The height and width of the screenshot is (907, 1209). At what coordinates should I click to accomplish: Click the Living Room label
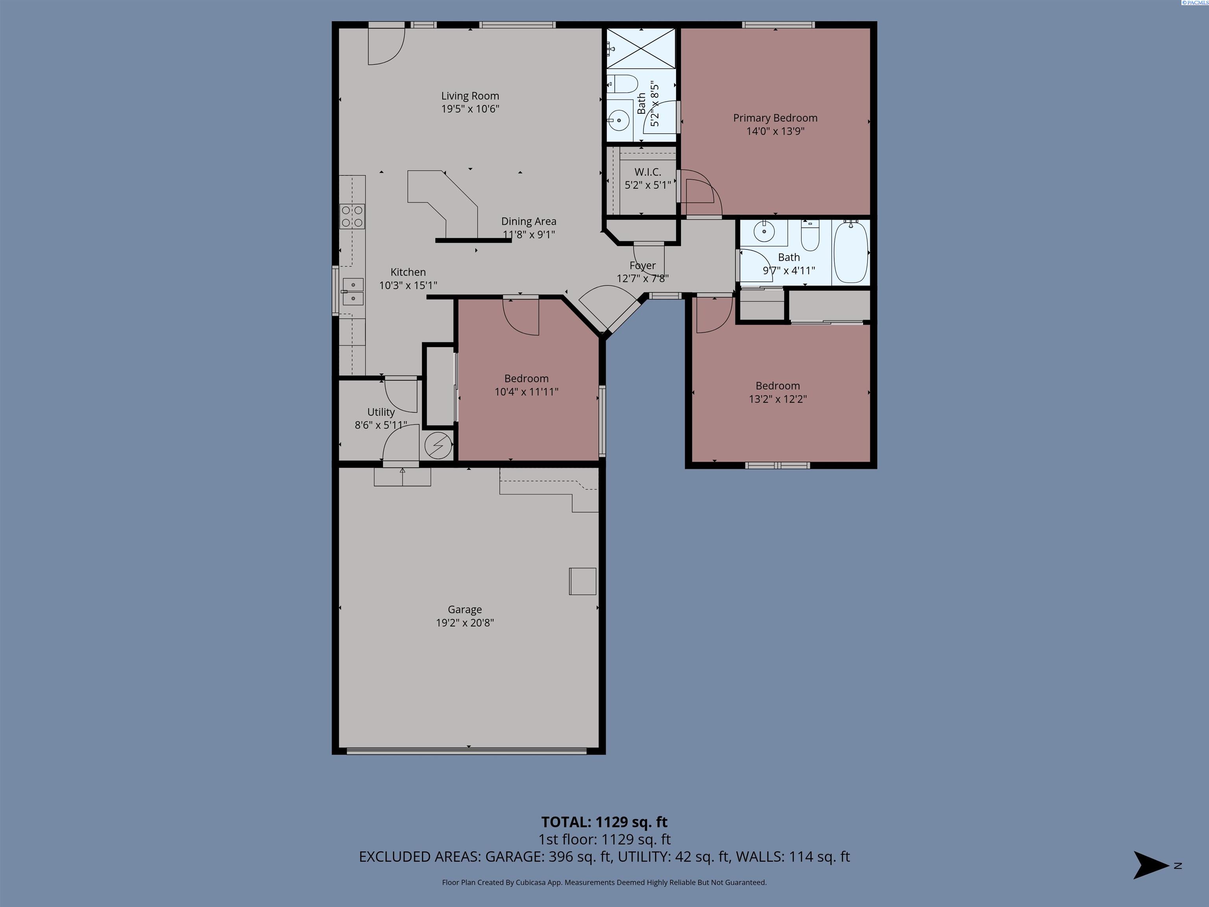[470, 96]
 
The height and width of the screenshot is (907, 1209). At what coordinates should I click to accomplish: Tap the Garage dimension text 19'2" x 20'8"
[464, 623]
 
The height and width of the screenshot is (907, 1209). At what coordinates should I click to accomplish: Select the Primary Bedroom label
[775, 118]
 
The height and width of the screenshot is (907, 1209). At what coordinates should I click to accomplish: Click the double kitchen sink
[353, 291]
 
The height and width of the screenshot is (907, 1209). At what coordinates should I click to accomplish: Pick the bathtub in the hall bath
[851, 252]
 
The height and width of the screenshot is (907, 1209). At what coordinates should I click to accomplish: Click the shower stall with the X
[641, 49]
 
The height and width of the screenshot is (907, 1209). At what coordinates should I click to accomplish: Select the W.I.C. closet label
[648, 172]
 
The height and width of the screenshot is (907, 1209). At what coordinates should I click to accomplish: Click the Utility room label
[381, 412]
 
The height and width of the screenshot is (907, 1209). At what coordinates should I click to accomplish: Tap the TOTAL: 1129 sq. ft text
[604, 822]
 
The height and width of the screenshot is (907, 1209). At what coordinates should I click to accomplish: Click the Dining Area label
[529, 221]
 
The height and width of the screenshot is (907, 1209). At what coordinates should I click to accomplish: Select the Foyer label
[642, 266]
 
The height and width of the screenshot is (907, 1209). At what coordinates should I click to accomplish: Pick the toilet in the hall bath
[810, 235]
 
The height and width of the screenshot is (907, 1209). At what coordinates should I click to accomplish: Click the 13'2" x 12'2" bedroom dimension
[778, 399]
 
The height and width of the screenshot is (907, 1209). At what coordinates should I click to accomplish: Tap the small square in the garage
[582, 581]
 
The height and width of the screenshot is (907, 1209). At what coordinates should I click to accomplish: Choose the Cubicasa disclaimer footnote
[604, 883]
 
